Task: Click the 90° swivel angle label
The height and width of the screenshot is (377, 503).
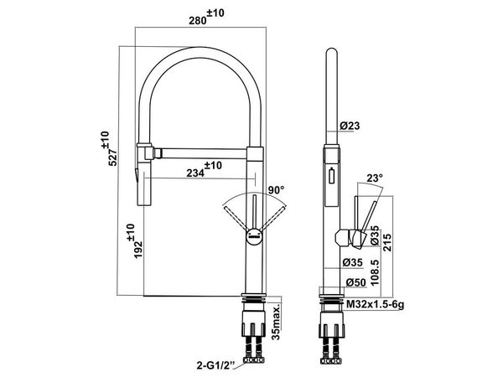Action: pos(277,192)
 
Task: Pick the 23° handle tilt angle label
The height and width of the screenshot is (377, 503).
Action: pos(374,178)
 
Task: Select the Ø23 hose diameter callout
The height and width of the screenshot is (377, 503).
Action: pos(350,126)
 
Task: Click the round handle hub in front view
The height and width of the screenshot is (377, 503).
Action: pos(253,235)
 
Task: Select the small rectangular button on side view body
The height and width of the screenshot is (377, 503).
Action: pos(329,177)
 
